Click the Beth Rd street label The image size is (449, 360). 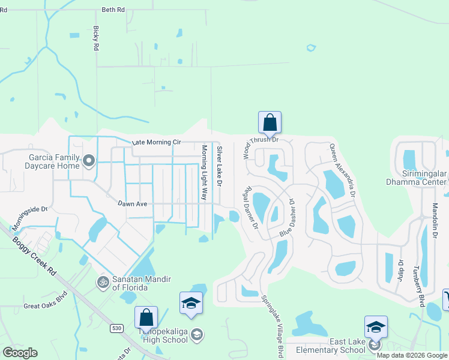pyautogui.click(x=113, y=10)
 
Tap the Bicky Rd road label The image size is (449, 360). pyautogui.click(x=95, y=39)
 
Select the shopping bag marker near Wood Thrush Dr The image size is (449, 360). pyautogui.click(x=270, y=122)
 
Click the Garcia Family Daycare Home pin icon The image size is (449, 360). pyautogui.click(x=89, y=160)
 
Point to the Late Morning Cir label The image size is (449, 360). pyautogui.click(x=156, y=142)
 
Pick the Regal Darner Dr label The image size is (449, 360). pyautogui.click(x=250, y=209)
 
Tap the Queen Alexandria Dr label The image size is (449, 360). pyautogui.click(x=342, y=170)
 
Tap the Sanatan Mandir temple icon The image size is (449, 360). pyautogui.click(x=103, y=281)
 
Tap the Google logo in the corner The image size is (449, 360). pyautogui.click(x=20, y=353)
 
